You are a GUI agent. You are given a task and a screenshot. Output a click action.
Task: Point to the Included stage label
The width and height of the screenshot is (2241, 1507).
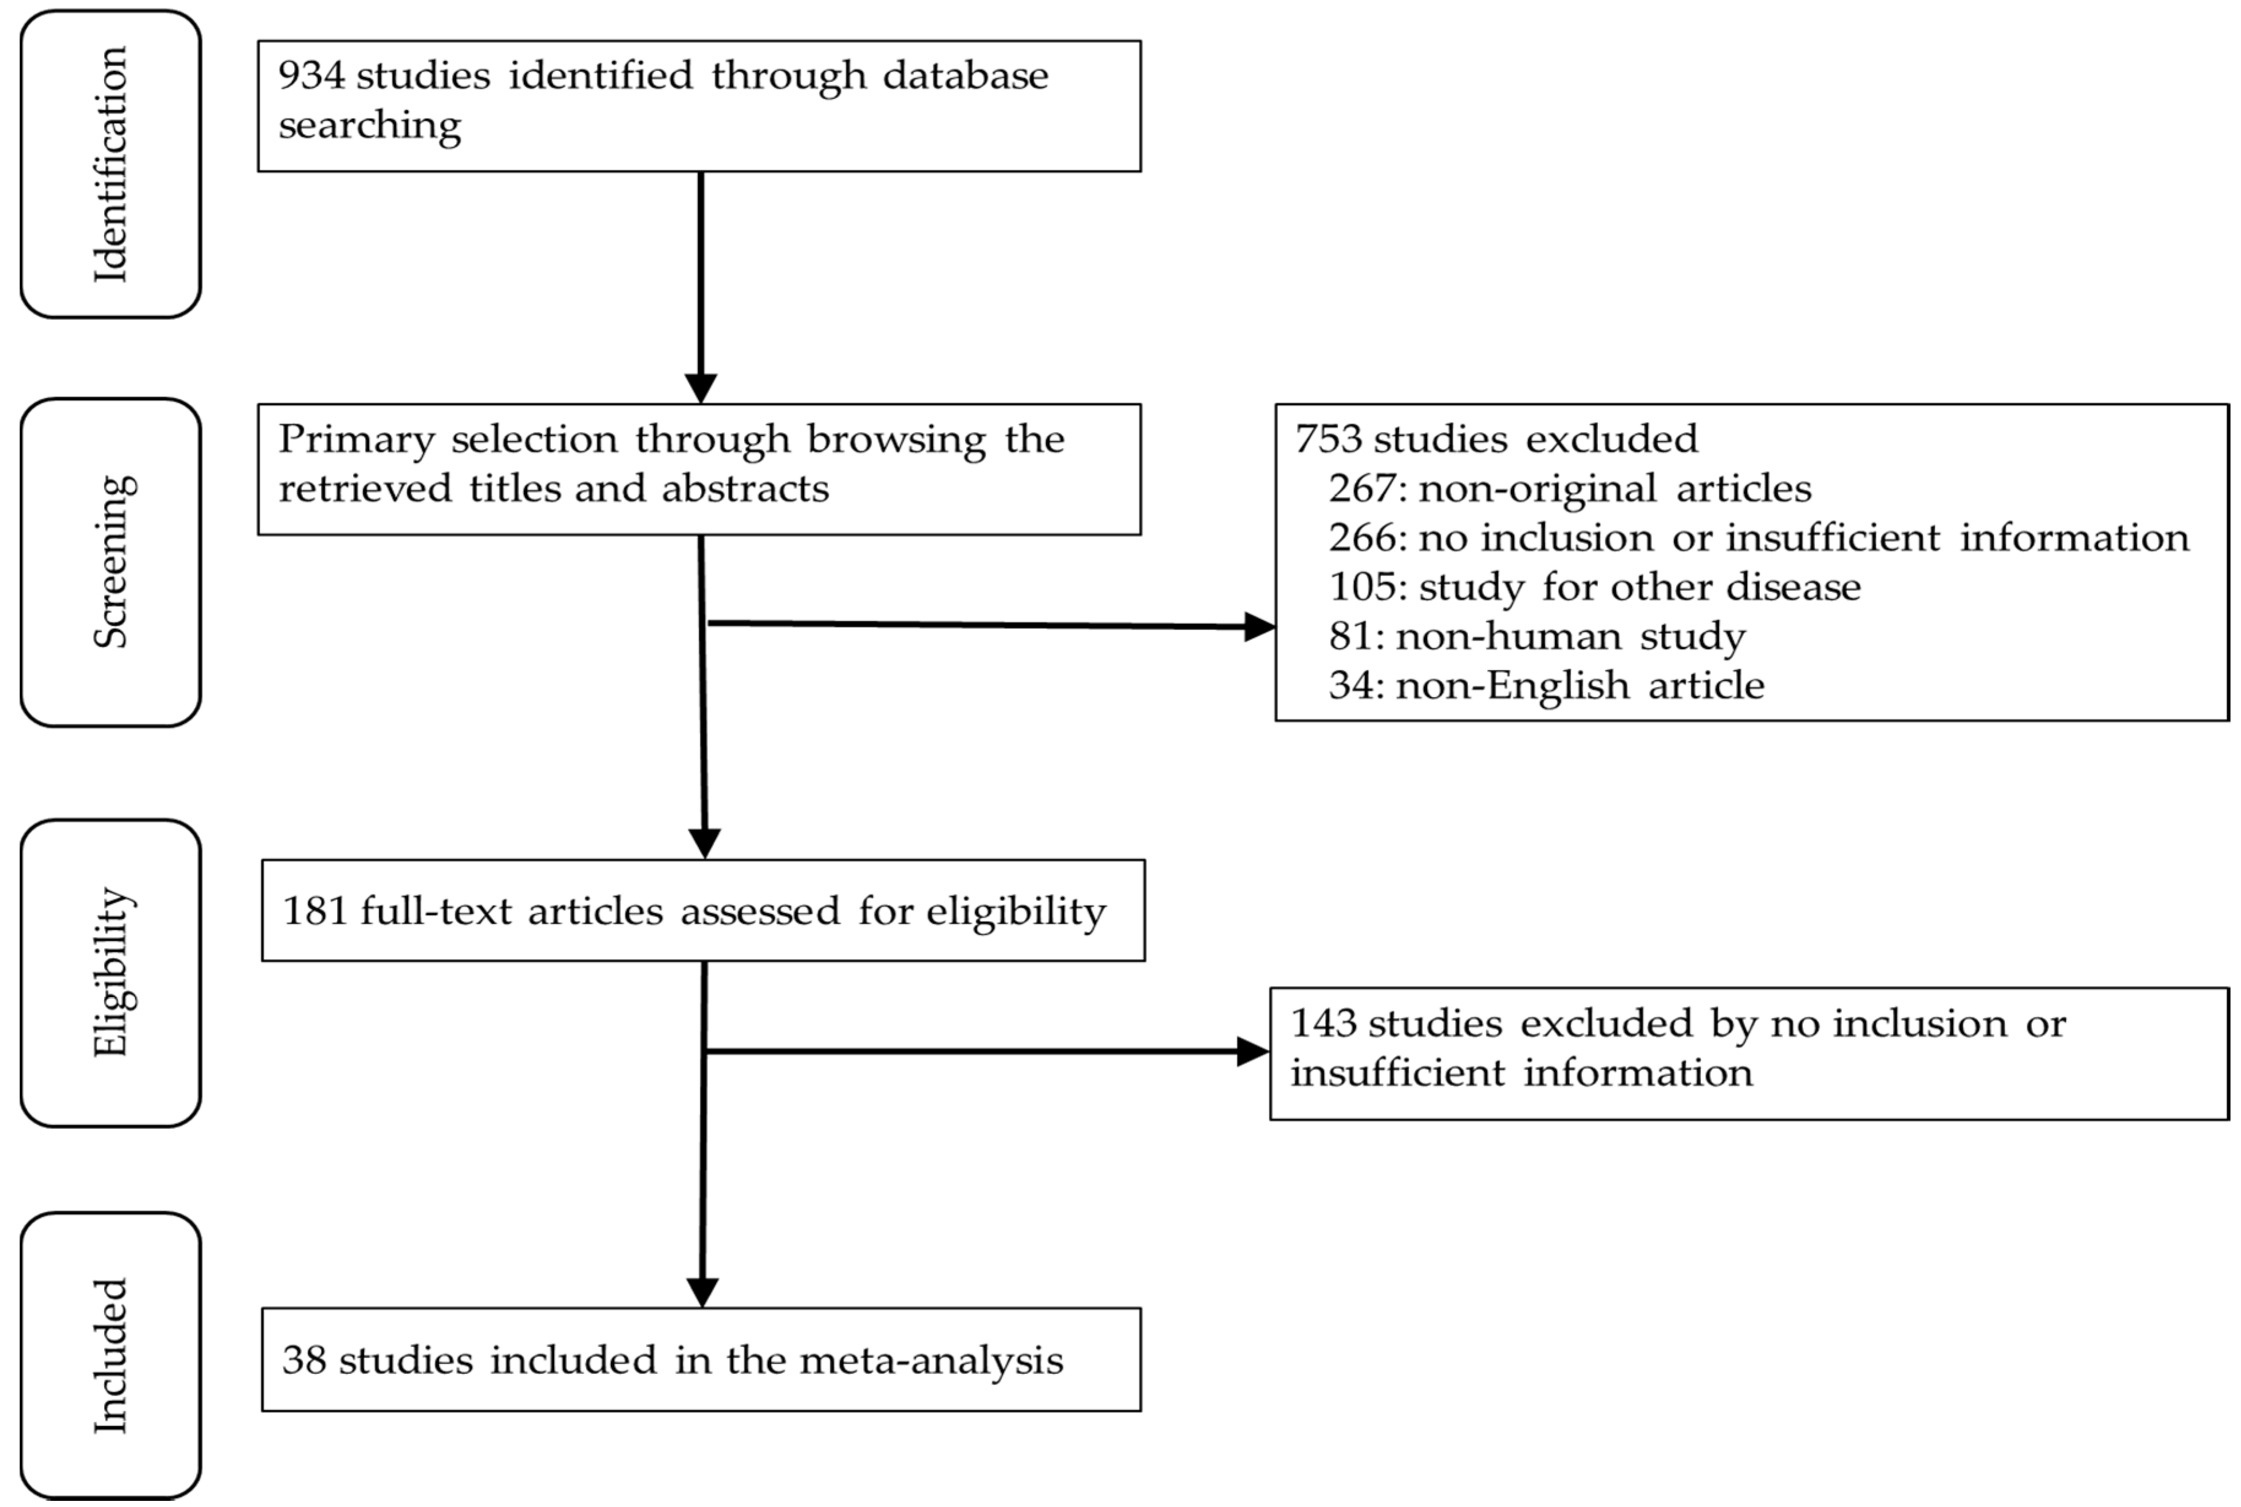pyautogui.click(x=110, y=1355)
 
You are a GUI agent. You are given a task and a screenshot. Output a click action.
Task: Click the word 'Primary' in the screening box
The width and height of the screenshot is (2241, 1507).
pyautogui.click(x=357, y=440)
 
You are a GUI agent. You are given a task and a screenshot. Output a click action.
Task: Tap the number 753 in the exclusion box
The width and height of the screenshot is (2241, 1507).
pyautogui.click(x=1328, y=439)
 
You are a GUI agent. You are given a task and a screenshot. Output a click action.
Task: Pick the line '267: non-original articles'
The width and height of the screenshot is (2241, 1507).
pyautogui.click(x=1569, y=488)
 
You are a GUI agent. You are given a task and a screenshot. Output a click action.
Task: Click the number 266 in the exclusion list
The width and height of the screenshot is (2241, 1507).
pyautogui.click(x=1363, y=538)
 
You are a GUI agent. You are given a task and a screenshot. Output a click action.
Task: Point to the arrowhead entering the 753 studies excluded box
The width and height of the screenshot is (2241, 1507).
pyautogui.click(x=1259, y=626)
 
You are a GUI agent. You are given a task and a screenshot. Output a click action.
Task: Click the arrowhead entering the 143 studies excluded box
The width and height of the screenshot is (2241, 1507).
pyautogui.click(x=1252, y=1052)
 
